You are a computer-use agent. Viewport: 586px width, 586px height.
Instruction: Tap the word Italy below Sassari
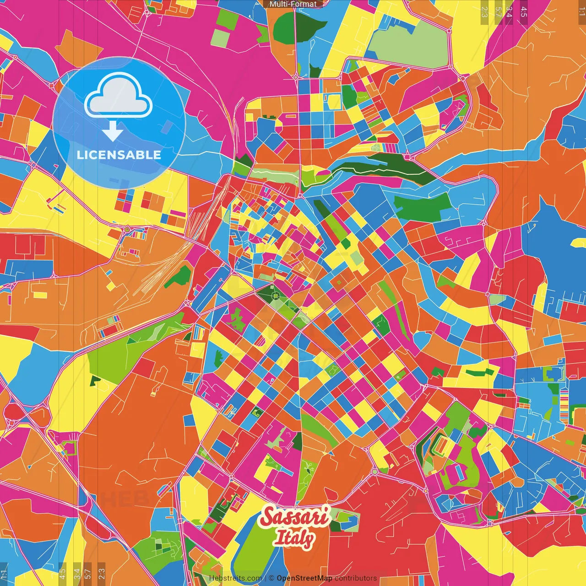pos(294,538)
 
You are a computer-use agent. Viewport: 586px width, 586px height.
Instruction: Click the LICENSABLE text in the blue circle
pos(119,155)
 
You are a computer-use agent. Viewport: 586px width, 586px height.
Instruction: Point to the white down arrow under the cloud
pos(112,131)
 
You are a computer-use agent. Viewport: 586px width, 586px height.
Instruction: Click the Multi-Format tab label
pos(293,4)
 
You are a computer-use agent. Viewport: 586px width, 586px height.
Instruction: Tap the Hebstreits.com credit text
pos(235,578)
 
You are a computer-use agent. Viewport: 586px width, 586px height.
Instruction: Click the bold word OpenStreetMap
pos(304,578)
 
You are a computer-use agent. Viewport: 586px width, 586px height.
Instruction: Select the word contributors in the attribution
pos(356,578)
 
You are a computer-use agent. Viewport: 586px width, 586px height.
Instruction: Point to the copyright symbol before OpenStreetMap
pos(271,578)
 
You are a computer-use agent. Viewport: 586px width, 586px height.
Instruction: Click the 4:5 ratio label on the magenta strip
pos(523,12)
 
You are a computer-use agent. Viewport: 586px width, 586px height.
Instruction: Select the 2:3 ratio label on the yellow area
pos(484,12)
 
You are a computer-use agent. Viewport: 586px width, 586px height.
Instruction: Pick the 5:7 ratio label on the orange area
pos(498,12)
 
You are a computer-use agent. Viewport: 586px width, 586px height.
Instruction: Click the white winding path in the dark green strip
pos(375,170)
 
